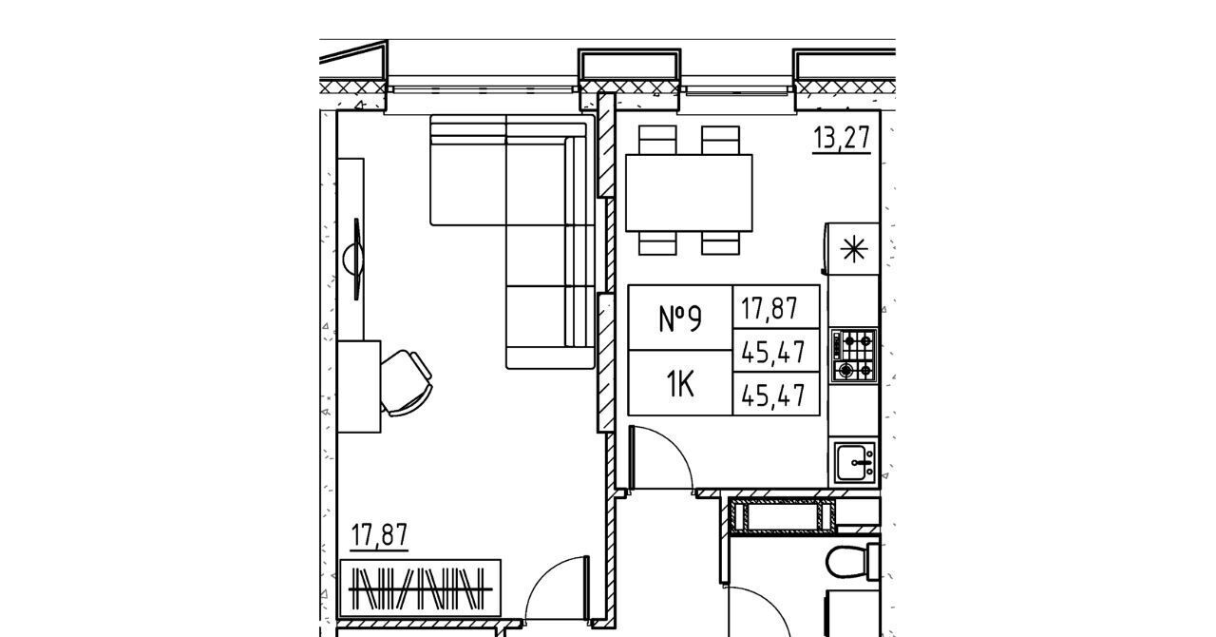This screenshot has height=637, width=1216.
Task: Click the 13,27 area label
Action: coord(842,138)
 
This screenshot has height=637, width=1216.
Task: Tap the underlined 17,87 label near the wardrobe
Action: coord(379,535)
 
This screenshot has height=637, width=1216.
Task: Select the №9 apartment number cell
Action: coord(680,318)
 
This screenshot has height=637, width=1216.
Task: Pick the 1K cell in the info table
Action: coord(680,383)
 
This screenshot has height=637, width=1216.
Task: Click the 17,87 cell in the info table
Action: coord(776,307)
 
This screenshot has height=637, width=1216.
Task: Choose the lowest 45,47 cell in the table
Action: coord(776,394)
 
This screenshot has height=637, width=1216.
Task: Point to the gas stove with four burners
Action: coord(854,356)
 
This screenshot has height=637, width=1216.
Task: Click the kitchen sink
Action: coord(855,462)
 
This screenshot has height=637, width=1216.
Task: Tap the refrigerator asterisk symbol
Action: coord(854,249)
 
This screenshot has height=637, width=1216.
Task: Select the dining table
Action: coord(689,193)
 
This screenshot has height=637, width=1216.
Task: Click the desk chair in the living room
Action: coord(406,383)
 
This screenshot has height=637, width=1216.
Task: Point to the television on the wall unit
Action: coord(355,259)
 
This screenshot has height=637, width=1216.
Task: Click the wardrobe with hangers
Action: coord(419,589)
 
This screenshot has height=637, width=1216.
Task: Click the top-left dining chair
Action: coord(657,140)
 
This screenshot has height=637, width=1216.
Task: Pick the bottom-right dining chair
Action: coord(720,243)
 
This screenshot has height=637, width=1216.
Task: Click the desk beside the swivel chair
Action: coord(359,386)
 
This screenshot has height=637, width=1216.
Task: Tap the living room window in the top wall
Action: coord(482,89)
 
